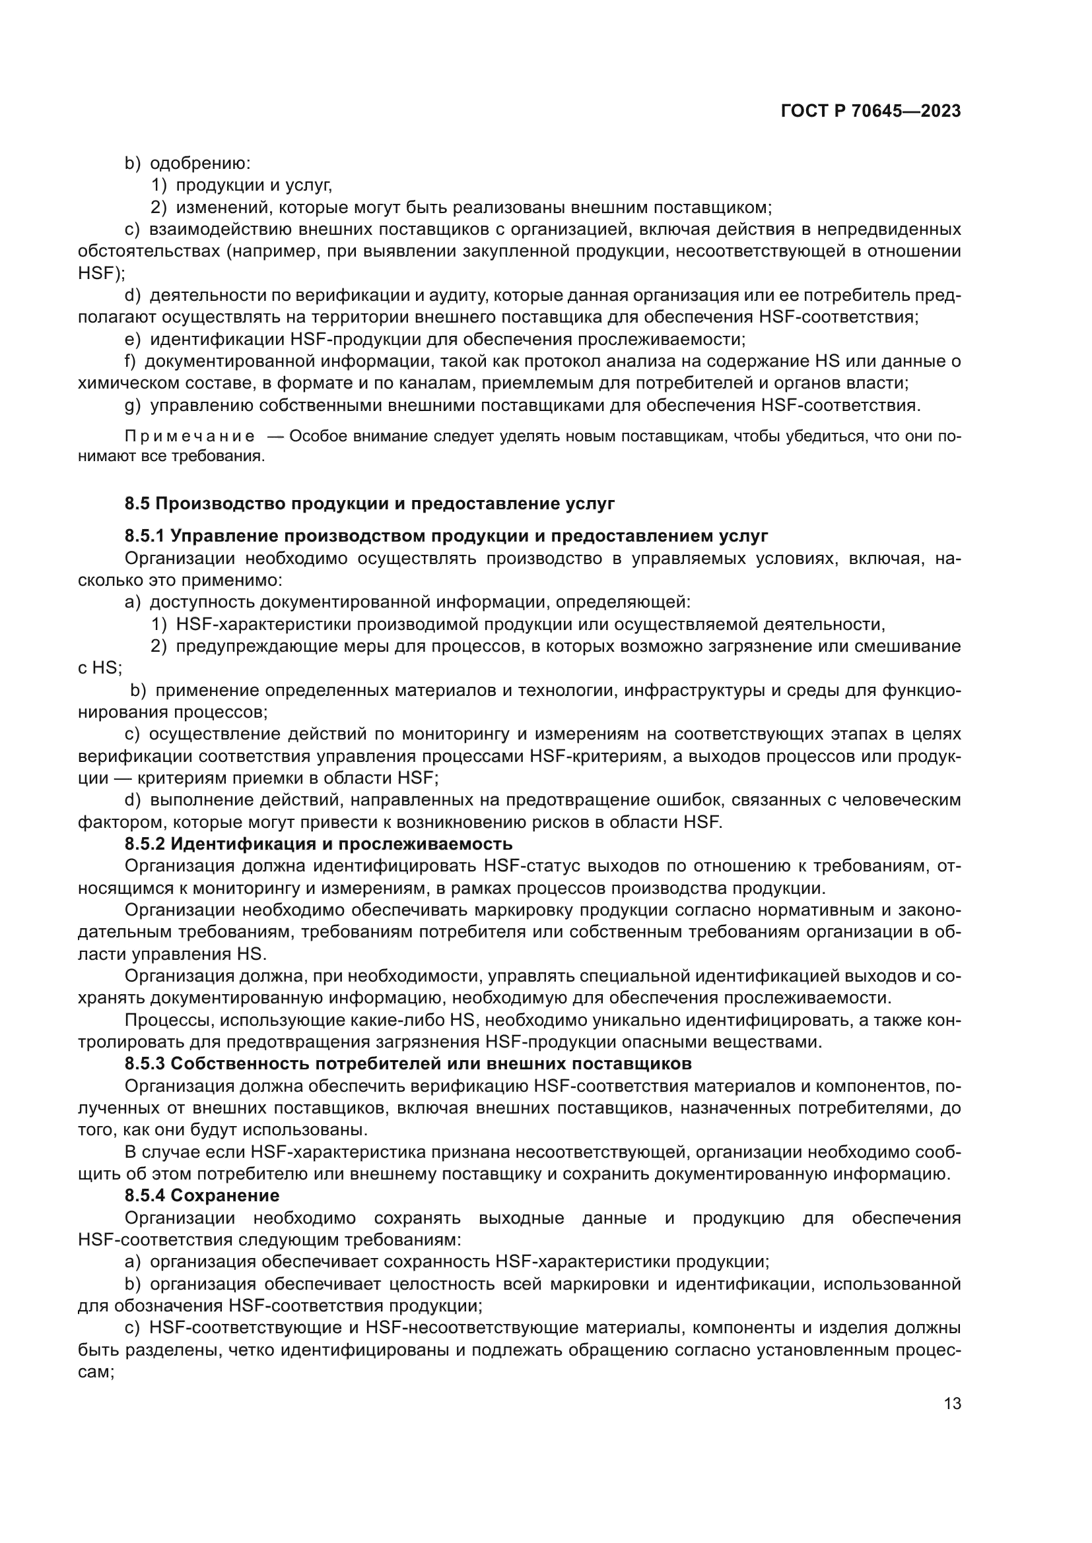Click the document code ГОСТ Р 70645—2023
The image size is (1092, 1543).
point(870,111)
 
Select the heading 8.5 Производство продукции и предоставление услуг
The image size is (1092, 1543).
point(369,503)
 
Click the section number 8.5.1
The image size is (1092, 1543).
point(145,536)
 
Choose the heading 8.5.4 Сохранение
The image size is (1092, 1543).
point(202,1195)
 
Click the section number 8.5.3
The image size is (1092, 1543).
point(145,1064)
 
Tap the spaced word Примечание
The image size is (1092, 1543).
point(189,437)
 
